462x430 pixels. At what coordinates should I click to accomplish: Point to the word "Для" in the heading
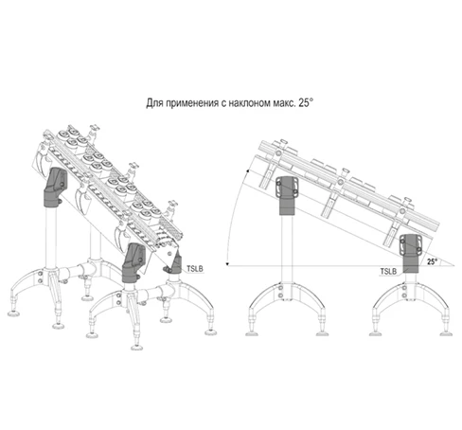pyautogui.click(x=154, y=103)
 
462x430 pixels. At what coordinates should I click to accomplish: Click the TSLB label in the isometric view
pyautogui.click(x=195, y=269)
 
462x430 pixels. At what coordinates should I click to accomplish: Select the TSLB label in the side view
pyautogui.click(x=388, y=272)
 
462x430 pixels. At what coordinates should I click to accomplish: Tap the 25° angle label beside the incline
pyautogui.click(x=433, y=261)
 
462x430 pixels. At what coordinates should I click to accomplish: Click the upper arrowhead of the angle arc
pyautogui.click(x=248, y=171)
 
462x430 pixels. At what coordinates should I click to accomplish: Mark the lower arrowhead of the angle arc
pyautogui.click(x=227, y=263)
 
